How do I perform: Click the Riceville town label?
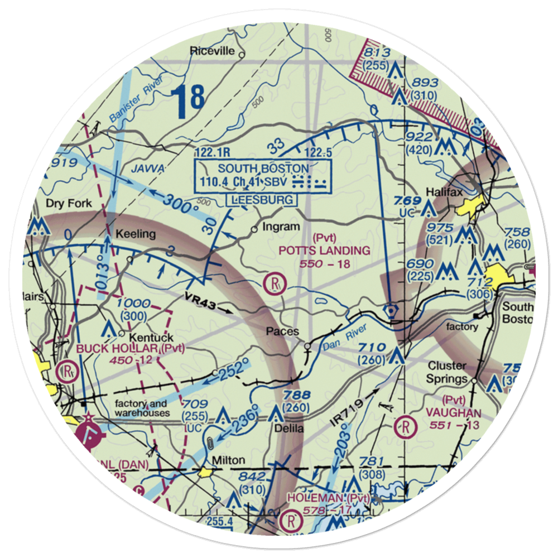coord(212,51)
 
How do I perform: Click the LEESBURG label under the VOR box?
coord(261,200)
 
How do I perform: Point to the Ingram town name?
coord(281,227)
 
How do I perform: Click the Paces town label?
coord(282,331)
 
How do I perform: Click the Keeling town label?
coord(135,234)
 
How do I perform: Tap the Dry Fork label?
coord(69,204)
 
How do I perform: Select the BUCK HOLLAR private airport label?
coord(117,349)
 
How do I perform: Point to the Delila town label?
coord(288,429)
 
